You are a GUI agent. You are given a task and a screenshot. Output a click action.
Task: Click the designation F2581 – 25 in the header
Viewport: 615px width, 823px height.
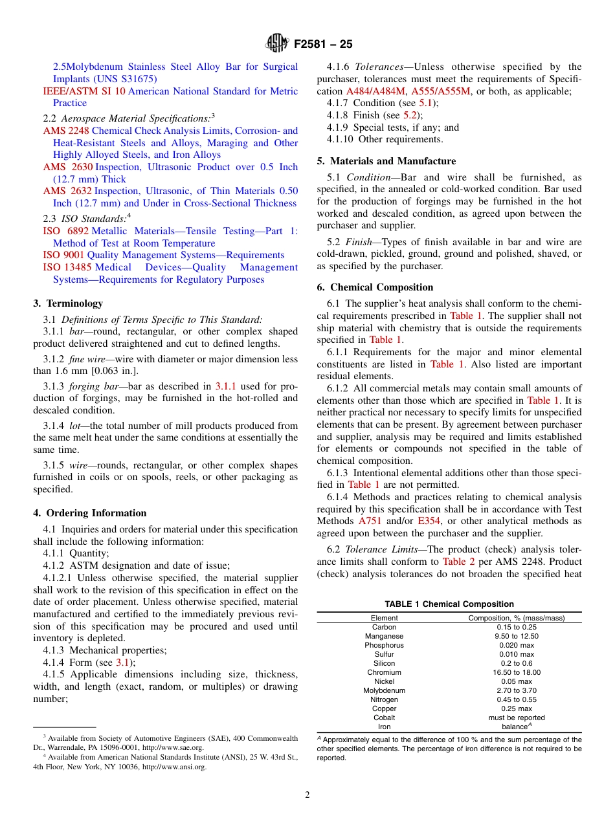pyautogui.click(x=323, y=45)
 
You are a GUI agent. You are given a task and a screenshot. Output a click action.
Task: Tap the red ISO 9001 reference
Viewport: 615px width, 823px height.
pyautogui.click(x=63, y=255)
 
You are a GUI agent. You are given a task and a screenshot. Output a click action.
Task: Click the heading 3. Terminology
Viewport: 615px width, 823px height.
pyautogui.click(x=68, y=303)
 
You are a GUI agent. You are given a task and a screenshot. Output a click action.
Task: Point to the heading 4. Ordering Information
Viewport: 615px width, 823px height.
pyautogui.click(x=90, y=513)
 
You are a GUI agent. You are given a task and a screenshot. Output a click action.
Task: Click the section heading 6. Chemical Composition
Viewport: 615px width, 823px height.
pyautogui.click(x=375, y=287)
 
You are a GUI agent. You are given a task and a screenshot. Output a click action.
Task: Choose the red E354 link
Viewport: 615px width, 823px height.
pyautogui.click(x=429, y=521)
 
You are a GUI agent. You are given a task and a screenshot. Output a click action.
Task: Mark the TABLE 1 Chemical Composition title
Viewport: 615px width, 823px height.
pyautogui.click(x=449, y=604)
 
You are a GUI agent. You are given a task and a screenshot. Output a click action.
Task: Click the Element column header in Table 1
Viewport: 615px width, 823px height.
pyautogui.click(x=384, y=618)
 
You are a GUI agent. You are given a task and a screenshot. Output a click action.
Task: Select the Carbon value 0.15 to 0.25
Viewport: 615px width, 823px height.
pyautogui.click(x=517, y=627)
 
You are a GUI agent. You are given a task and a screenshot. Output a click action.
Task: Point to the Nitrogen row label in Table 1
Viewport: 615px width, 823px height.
pyautogui.click(x=384, y=699)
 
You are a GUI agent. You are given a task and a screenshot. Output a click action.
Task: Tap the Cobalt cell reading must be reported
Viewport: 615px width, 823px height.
pyautogui.click(x=517, y=718)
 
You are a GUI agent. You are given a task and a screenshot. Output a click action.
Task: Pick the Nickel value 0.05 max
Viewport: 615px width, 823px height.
pyautogui.click(x=517, y=681)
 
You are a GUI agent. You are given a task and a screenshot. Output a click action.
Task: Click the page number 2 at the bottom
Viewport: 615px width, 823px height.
pyautogui.click(x=307, y=795)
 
